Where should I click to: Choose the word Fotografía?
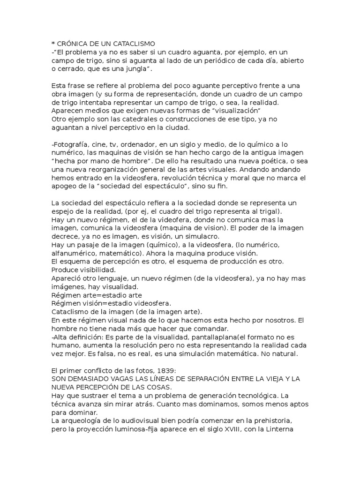point(71,145)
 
